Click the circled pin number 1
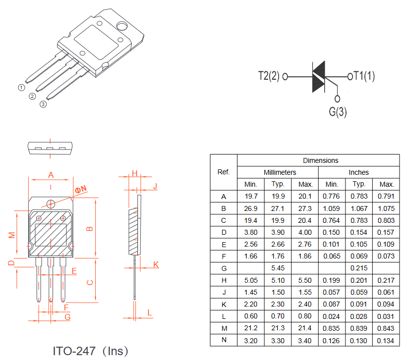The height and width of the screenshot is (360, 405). [21, 88]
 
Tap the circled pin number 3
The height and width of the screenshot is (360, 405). [43, 104]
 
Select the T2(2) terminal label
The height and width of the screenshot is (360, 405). [269, 76]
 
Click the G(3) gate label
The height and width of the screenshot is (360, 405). [338, 112]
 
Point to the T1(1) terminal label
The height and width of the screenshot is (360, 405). [364, 76]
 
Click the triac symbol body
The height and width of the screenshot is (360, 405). [318, 77]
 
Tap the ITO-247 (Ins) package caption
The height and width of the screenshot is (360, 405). [90, 351]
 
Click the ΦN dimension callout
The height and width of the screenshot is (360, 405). [81, 189]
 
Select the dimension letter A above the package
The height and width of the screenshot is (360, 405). [51, 175]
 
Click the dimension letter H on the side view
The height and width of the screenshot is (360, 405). [134, 173]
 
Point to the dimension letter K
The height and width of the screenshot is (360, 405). [156, 264]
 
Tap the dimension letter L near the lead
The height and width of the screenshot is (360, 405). [150, 313]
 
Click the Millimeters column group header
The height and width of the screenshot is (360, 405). [280, 172]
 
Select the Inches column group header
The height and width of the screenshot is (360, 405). [359, 172]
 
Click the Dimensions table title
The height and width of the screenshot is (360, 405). [321, 160]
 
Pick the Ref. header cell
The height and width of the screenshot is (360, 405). [224, 172]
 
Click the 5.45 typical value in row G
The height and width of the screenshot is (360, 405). [278, 268]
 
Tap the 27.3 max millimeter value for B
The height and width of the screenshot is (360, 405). [305, 208]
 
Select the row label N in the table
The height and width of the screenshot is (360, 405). [224, 340]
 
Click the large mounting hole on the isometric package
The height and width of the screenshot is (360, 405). [121, 26]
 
